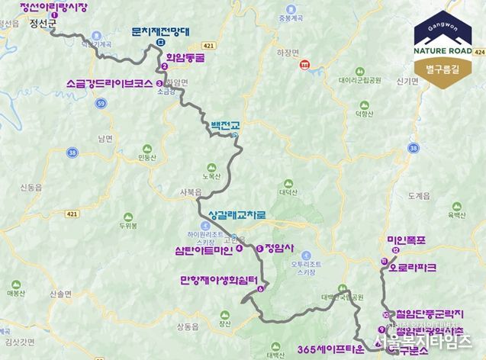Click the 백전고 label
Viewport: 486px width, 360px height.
220,124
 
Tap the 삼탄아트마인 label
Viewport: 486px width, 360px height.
204,248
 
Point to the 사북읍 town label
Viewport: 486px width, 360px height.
191,193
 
